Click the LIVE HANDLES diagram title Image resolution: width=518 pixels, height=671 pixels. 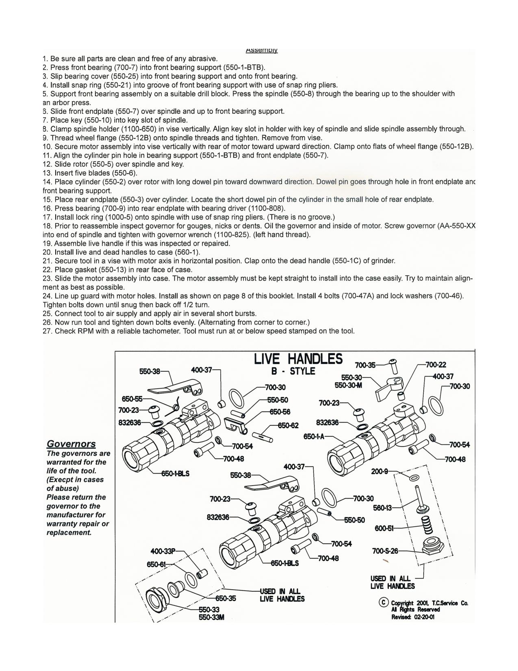[298, 359]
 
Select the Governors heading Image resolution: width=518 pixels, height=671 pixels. [71, 444]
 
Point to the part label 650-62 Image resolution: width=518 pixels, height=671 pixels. [288, 425]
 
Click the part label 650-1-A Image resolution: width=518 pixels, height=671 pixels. [314, 436]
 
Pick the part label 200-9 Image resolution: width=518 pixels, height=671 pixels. [379, 471]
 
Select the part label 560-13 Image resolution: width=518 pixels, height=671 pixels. [383, 508]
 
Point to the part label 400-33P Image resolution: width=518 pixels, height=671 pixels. [163, 551]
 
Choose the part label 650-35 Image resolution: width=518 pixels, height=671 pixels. [225, 598]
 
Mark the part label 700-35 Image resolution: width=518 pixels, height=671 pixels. [365, 365]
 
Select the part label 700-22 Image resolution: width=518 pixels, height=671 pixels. [436, 365]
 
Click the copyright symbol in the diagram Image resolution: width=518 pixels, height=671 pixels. [383, 602]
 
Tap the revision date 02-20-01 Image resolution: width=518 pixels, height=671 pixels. [424, 617]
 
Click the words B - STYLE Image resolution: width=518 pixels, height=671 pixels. [293, 371]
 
